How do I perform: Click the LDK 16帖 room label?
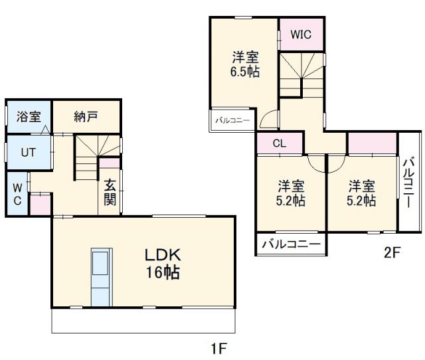click(163, 264)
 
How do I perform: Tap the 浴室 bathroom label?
click(29, 116)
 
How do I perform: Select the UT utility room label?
click(29, 152)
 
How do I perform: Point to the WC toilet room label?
click(18, 194)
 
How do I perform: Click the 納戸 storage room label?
click(86, 116)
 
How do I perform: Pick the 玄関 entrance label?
click(110, 192)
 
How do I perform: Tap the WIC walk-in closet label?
click(301, 35)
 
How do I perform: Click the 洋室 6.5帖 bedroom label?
click(245, 64)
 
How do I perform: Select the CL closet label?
click(280, 143)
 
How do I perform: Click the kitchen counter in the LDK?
click(102, 277)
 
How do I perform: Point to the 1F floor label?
click(218, 348)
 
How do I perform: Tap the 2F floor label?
click(392, 252)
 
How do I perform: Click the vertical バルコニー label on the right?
click(409, 183)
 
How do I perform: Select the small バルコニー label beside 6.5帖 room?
click(232, 120)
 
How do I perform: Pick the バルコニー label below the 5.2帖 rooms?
click(291, 244)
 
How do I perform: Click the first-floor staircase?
click(98, 157)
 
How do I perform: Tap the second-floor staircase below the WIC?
click(301, 75)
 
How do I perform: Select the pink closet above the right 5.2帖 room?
click(373, 143)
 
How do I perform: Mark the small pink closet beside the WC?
click(40, 205)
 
